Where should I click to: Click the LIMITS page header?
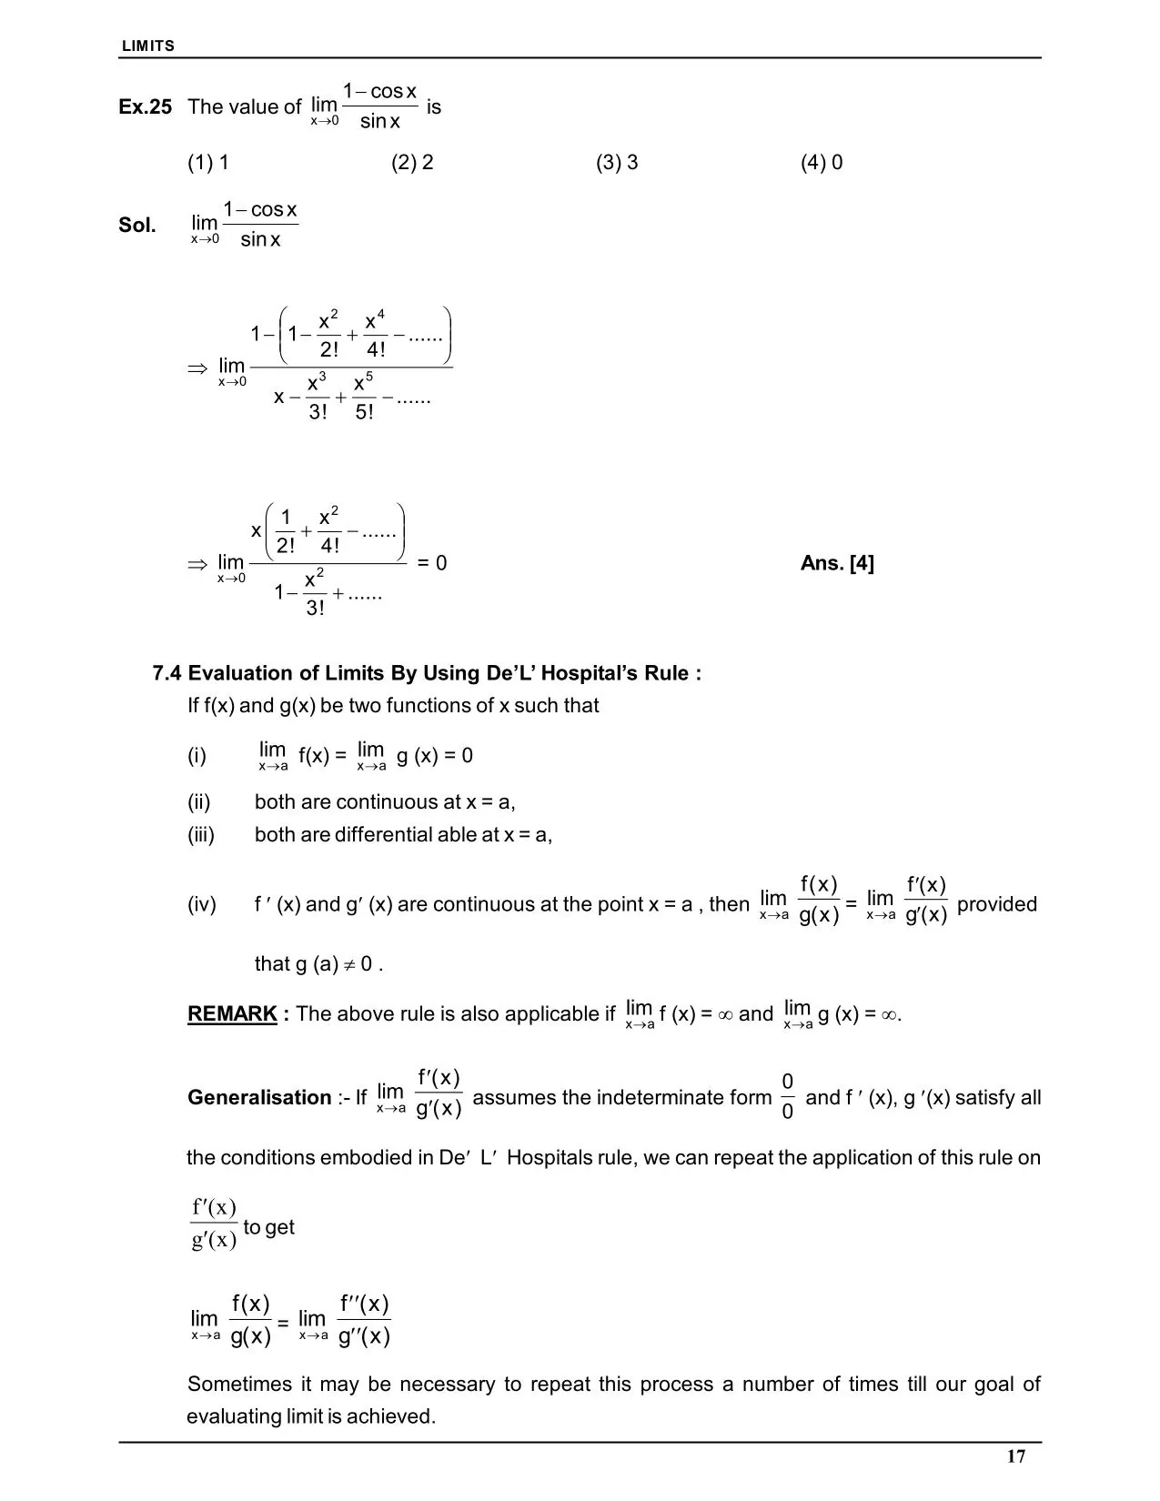148,45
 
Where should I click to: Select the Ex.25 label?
145,107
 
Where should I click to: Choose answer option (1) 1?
208,163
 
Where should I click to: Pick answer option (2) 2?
412,163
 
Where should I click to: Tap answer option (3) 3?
617,163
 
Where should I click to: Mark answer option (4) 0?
822,163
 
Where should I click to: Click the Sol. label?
137,226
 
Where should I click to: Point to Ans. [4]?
837,563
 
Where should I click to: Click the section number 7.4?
167,673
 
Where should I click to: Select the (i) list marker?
197,756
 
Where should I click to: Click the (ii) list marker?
199,802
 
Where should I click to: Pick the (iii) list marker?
201,835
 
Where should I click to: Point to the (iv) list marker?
202,904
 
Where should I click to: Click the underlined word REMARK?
232,1013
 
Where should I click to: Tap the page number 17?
1016,1456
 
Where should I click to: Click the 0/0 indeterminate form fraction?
788,1096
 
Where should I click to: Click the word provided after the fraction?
997,904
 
